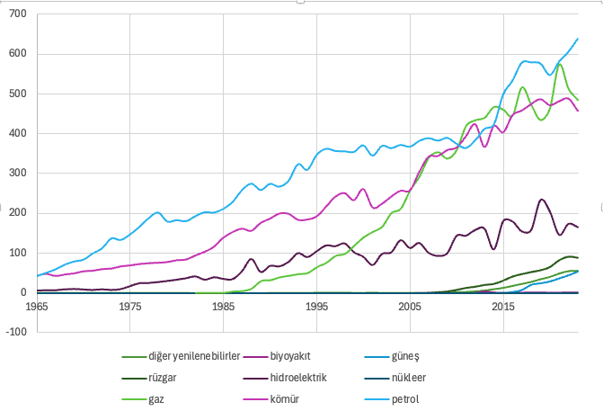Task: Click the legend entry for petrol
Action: point(392,399)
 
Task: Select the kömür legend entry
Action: point(271,399)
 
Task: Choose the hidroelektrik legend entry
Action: point(285,378)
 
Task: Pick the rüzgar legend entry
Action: point(149,378)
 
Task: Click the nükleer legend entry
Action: point(395,378)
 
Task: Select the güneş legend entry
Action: point(392,356)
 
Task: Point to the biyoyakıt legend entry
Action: point(277,356)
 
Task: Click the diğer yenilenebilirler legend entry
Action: point(181,356)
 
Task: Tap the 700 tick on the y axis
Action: point(18,13)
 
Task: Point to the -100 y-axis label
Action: point(16,332)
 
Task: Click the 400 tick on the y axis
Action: point(18,133)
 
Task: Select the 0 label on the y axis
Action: point(24,292)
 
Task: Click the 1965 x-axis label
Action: point(37,307)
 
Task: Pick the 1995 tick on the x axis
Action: point(317,307)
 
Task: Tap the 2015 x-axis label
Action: point(503,307)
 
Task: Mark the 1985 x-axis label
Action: point(224,307)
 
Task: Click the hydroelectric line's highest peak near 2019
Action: point(542,200)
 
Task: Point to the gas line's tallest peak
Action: point(560,64)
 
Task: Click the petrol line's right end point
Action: point(578,39)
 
